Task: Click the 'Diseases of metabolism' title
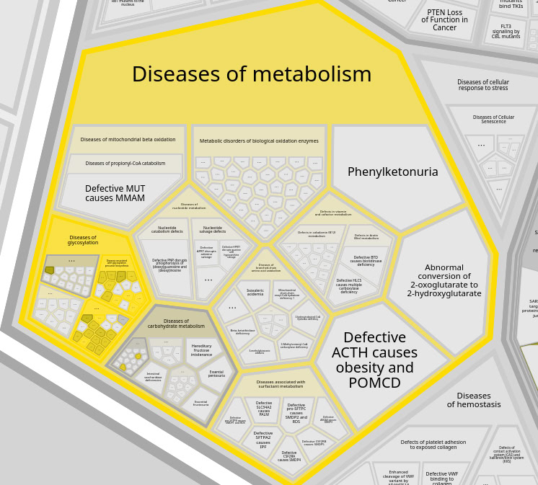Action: (252, 75)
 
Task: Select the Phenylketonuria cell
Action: (392, 172)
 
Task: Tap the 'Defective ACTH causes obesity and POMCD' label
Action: (374, 360)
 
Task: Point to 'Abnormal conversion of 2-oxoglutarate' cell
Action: (444, 281)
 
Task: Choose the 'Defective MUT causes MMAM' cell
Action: (115, 193)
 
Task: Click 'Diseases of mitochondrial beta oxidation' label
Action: (128, 140)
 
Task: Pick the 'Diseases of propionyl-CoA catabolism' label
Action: (125, 164)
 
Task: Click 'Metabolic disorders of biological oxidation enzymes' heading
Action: (259, 141)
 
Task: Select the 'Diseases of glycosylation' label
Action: (83, 240)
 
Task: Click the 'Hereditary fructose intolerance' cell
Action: (201, 350)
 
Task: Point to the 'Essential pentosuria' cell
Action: (216, 374)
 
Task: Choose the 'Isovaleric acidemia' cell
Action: (255, 293)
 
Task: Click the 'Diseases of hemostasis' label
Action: (473, 400)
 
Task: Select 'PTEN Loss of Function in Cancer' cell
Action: (444, 19)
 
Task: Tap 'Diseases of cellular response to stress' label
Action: (482, 85)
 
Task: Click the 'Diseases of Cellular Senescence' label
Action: (493, 120)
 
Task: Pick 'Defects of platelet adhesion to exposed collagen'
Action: (433, 445)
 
